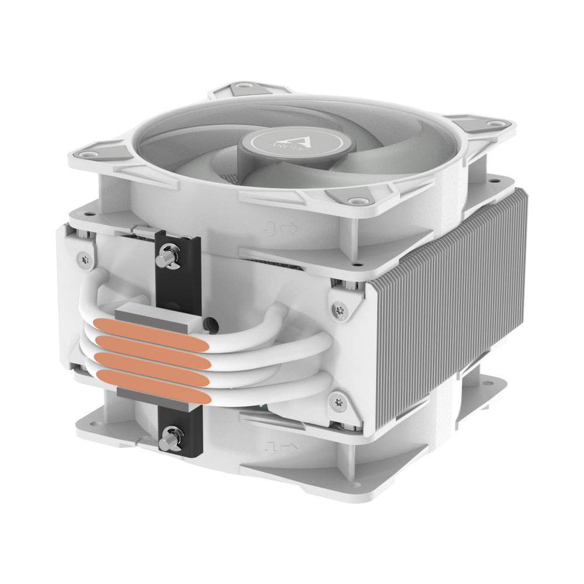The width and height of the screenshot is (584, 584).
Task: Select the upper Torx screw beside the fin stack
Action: coord(339,309)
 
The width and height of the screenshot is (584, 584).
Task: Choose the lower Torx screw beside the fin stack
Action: coord(338,401)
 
